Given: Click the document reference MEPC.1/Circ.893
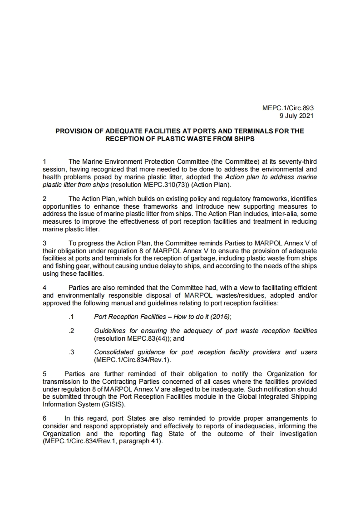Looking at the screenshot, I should click(x=288, y=108).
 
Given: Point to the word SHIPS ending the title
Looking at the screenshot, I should click(x=243, y=139).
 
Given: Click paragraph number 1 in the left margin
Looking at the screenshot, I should click(x=44, y=161).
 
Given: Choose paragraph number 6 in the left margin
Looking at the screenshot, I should click(x=44, y=418).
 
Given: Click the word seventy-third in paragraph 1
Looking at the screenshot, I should click(x=298, y=161).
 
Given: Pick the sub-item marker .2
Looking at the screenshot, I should click(x=71, y=331).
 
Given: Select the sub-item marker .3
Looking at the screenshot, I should click(x=71, y=352).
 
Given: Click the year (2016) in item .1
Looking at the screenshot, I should click(x=220, y=317).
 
